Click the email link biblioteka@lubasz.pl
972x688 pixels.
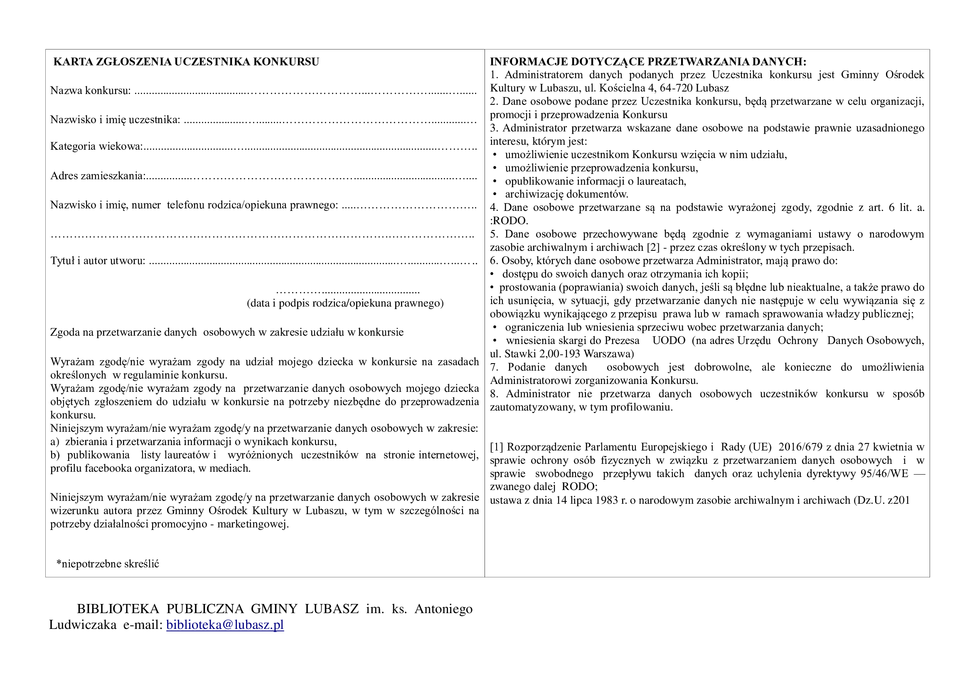coord(225,625)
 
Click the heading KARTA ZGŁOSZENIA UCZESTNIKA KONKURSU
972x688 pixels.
coord(186,62)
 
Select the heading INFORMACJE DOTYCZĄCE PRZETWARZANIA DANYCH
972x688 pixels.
coord(648,62)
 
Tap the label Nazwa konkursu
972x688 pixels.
coord(90,91)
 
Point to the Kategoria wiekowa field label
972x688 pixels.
coord(96,146)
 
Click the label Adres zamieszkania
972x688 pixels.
coord(98,176)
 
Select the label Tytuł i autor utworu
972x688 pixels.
coord(98,260)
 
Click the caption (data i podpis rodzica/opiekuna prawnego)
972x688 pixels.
coord(345,303)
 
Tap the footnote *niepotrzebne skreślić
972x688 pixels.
coord(108,564)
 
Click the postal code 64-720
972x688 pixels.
coord(676,88)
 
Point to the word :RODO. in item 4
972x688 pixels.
coord(509,221)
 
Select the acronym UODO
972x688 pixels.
coord(669,341)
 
